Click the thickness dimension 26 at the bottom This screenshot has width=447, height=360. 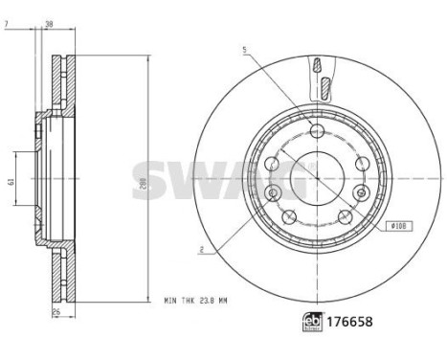coord(57,313)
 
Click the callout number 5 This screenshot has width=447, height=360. coord(245,50)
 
